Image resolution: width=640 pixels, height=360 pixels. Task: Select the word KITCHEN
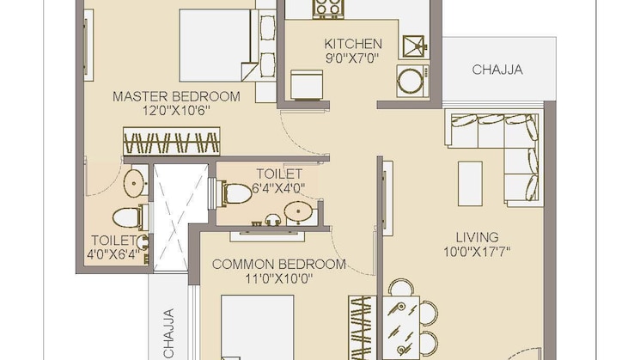coord(352,44)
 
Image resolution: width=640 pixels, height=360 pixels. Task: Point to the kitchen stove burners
coord(327,8)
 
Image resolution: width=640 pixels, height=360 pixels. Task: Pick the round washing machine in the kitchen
coord(410,82)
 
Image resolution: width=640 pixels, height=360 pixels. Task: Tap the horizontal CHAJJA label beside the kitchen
coord(497,70)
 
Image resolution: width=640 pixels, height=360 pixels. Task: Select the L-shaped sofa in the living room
coord(498,146)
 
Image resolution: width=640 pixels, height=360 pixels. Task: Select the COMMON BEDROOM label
coord(278,264)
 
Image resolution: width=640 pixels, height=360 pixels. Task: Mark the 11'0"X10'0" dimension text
coord(278,278)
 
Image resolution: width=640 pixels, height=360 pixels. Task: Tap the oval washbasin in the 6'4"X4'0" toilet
coord(298,210)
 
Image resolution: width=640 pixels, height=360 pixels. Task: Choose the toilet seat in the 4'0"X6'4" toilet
coord(126,215)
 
